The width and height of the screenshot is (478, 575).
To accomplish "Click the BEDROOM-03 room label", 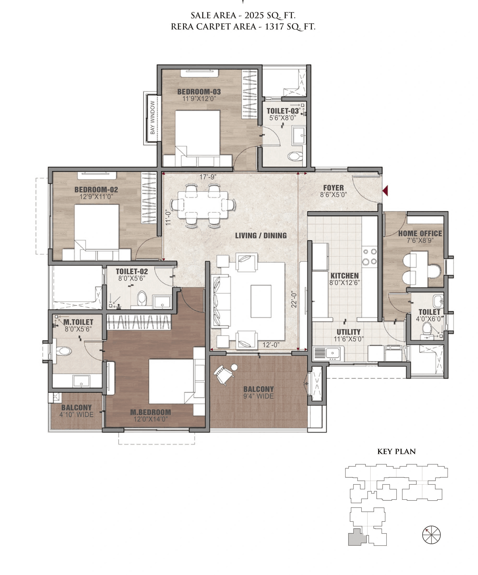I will pyautogui.click(x=199, y=92).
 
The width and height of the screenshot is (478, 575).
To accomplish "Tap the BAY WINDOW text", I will pyautogui.click(x=152, y=117).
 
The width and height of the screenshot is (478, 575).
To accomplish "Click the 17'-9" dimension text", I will pyautogui.click(x=208, y=177).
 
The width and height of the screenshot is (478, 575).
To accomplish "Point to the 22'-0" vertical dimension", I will pyautogui.click(x=294, y=299).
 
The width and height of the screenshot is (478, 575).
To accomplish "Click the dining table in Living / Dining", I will pyautogui.click(x=203, y=205).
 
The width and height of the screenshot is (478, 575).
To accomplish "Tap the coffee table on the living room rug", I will pyautogui.click(x=261, y=301).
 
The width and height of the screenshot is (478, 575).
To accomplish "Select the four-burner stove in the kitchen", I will pyautogui.click(x=369, y=257).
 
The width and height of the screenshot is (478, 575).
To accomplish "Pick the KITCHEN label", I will pyautogui.click(x=344, y=276).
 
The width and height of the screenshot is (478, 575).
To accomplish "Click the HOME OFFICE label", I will pyautogui.click(x=420, y=234).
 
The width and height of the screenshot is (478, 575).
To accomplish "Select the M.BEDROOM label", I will pyautogui.click(x=150, y=412).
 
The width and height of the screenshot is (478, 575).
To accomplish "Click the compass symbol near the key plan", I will pyautogui.click(x=431, y=535).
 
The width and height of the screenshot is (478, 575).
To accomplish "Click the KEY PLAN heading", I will pyautogui.click(x=396, y=452).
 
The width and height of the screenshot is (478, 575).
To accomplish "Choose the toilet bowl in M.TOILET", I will pyautogui.click(x=64, y=351).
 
